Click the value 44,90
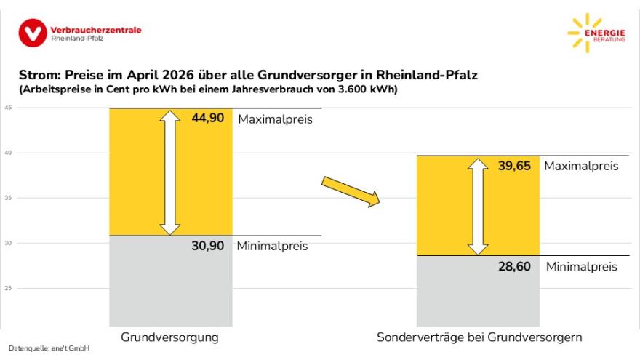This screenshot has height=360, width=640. point(208,118)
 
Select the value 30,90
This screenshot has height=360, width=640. point(208,246)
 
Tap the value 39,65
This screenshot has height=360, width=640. point(515,166)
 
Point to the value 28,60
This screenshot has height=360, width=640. point(515,267)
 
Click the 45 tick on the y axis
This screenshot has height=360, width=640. point(8,108)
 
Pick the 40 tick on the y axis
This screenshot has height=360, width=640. point(8,153)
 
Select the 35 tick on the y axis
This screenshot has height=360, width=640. point(8,198)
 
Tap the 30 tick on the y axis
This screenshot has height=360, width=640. point(8,243)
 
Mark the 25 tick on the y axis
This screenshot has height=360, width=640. point(8,288)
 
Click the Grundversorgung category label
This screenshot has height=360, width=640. point(169,337)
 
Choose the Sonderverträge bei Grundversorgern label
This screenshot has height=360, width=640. point(479,337)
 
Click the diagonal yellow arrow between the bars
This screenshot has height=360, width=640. point(351,191)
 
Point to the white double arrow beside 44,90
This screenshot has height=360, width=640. point(170,172)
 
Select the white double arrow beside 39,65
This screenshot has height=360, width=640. point(478,207)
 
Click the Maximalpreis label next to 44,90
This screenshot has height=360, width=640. point(275,119)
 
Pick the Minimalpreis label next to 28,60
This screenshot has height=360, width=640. point(581,267)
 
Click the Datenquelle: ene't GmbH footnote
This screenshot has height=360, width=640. point(49,349)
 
